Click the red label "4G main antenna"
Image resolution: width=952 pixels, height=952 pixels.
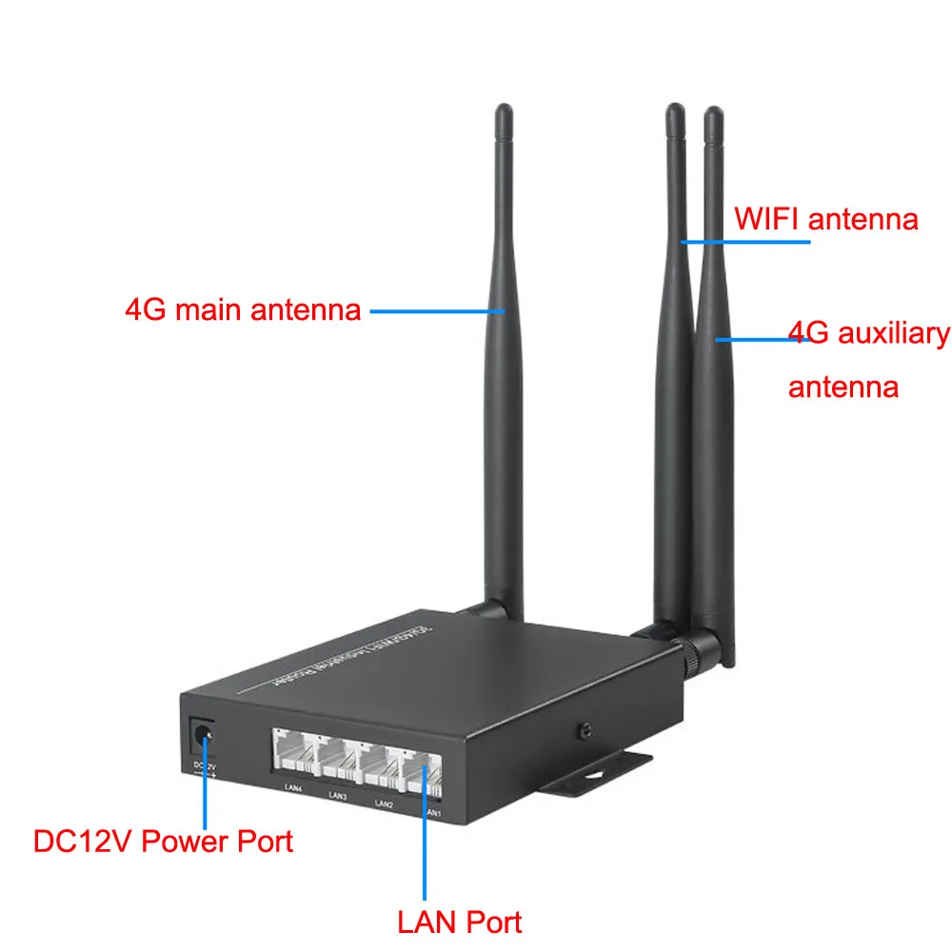(243, 310)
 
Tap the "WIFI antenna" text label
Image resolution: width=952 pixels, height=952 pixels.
(825, 219)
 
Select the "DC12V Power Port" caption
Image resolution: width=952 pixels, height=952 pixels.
(163, 841)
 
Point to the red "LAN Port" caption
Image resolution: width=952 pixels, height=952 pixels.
(459, 922)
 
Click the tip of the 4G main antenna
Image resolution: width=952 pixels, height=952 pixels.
(503, 112)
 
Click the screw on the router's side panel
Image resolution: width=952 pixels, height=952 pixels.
(584, 731)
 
